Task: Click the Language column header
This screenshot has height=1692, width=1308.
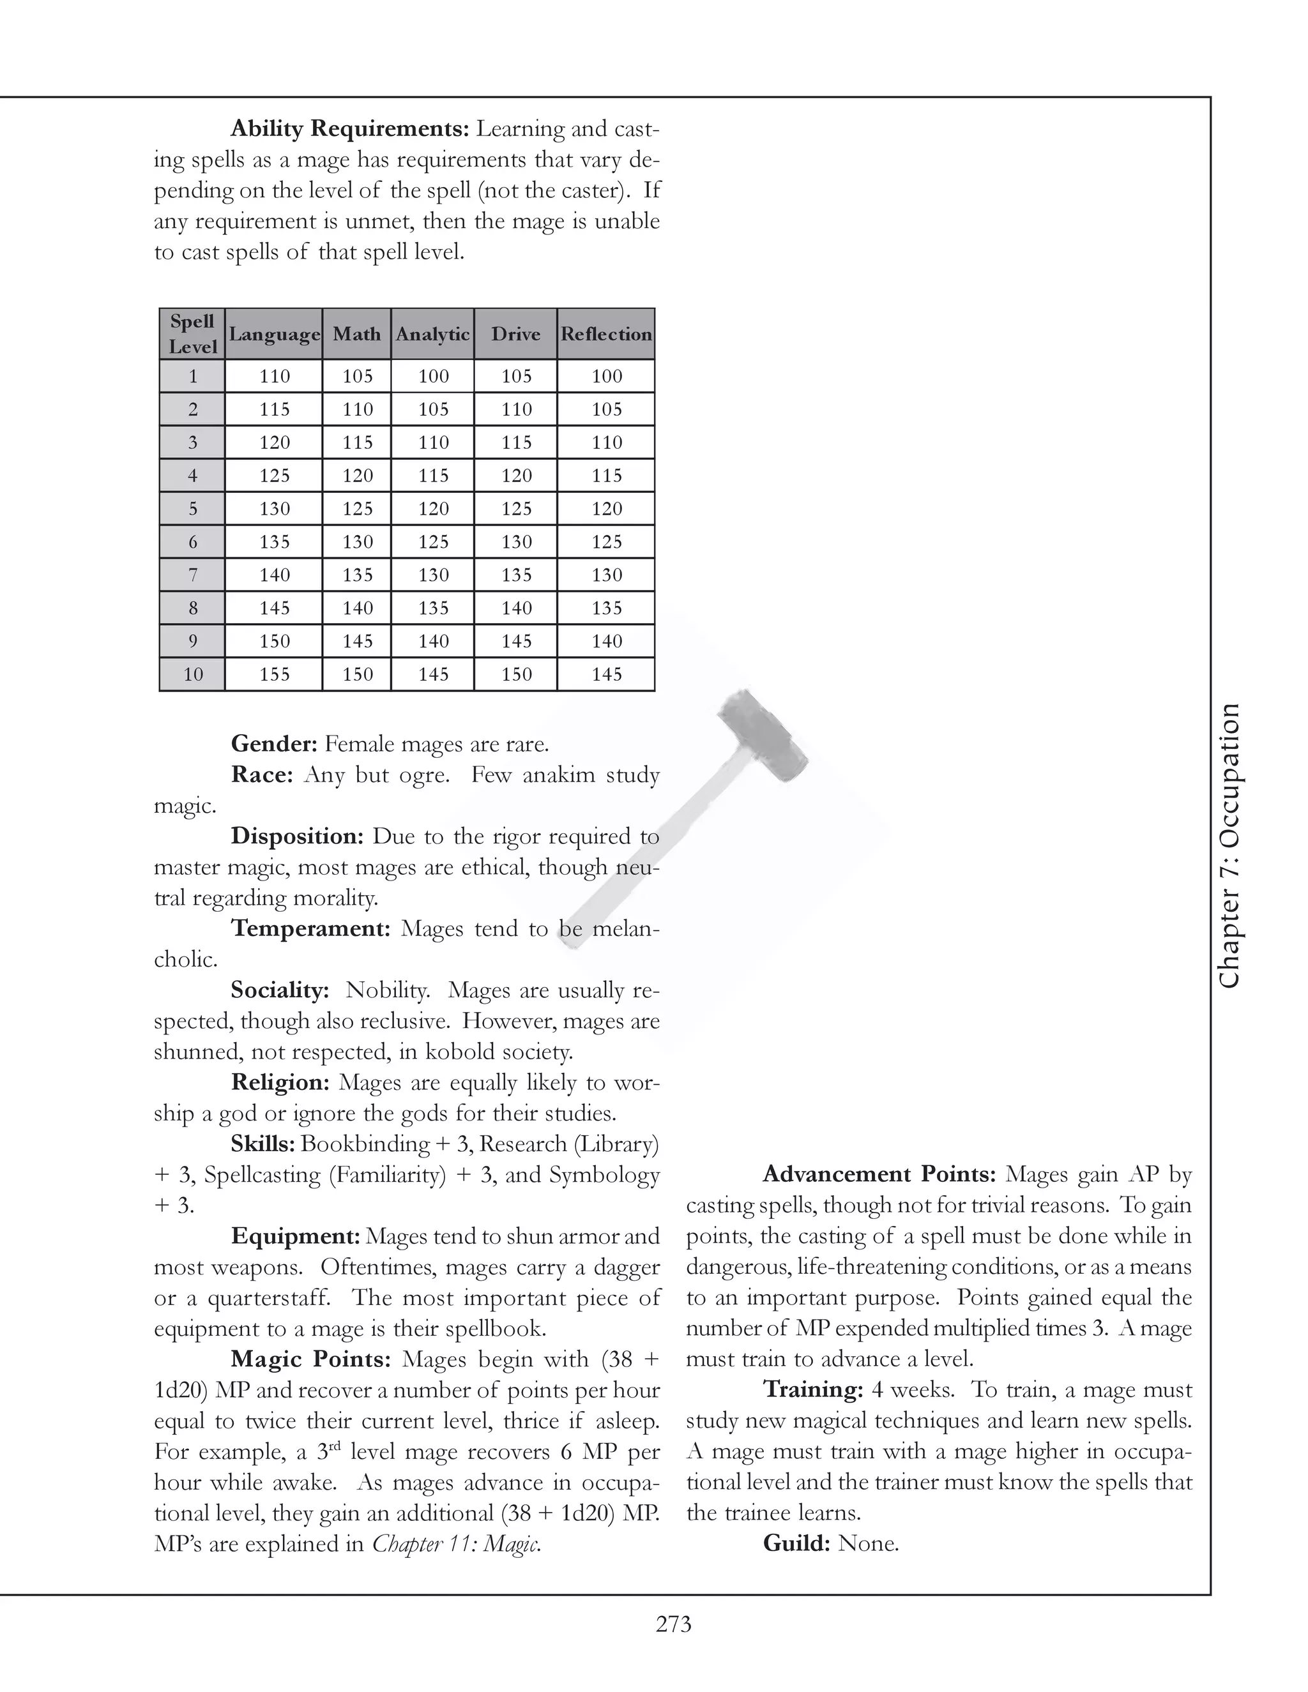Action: point(274,334)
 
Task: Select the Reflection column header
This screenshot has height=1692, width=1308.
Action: point(606,334)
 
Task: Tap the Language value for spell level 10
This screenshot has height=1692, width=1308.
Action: point(274,675)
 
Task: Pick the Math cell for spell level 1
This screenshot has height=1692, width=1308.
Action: point(357,377)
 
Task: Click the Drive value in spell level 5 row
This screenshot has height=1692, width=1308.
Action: point(516,509)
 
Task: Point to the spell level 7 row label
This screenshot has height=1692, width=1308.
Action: point(193,575)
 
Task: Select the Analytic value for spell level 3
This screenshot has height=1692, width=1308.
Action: point(433,442)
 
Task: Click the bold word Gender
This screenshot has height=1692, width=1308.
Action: point(274,744)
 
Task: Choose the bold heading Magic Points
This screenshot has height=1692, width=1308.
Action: point(314,1359)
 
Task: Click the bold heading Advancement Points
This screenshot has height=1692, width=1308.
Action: point(879,1174)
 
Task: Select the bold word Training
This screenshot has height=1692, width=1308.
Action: point(813,1389)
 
